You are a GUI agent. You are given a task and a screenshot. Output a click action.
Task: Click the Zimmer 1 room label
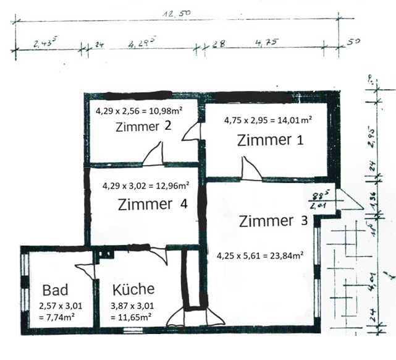270,140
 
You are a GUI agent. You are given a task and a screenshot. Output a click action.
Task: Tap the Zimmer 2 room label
143,127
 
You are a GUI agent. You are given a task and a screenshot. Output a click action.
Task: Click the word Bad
55,290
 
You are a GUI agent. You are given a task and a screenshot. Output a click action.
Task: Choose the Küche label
133,289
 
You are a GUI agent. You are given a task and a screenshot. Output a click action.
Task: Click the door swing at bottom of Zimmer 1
250,168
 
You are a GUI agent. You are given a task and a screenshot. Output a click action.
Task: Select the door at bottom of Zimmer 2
153,155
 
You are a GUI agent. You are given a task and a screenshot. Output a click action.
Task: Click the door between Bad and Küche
87,271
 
